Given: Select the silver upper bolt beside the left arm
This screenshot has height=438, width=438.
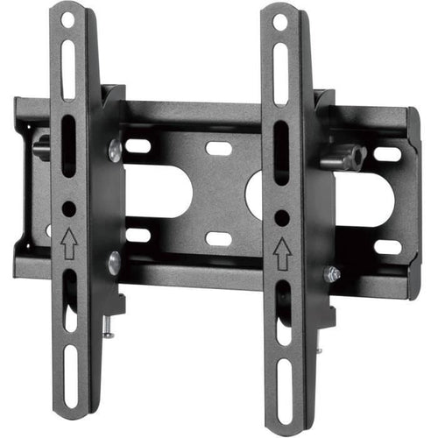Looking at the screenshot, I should (x=114, y=151).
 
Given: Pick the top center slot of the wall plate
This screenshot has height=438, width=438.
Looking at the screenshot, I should (x=219, y=148).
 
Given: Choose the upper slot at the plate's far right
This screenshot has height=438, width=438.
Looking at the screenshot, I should (x=387, y=155).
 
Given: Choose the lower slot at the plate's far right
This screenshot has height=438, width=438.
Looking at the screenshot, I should (x=387, y=247).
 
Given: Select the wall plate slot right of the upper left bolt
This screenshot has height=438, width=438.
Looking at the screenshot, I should (x=138, y=145).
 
